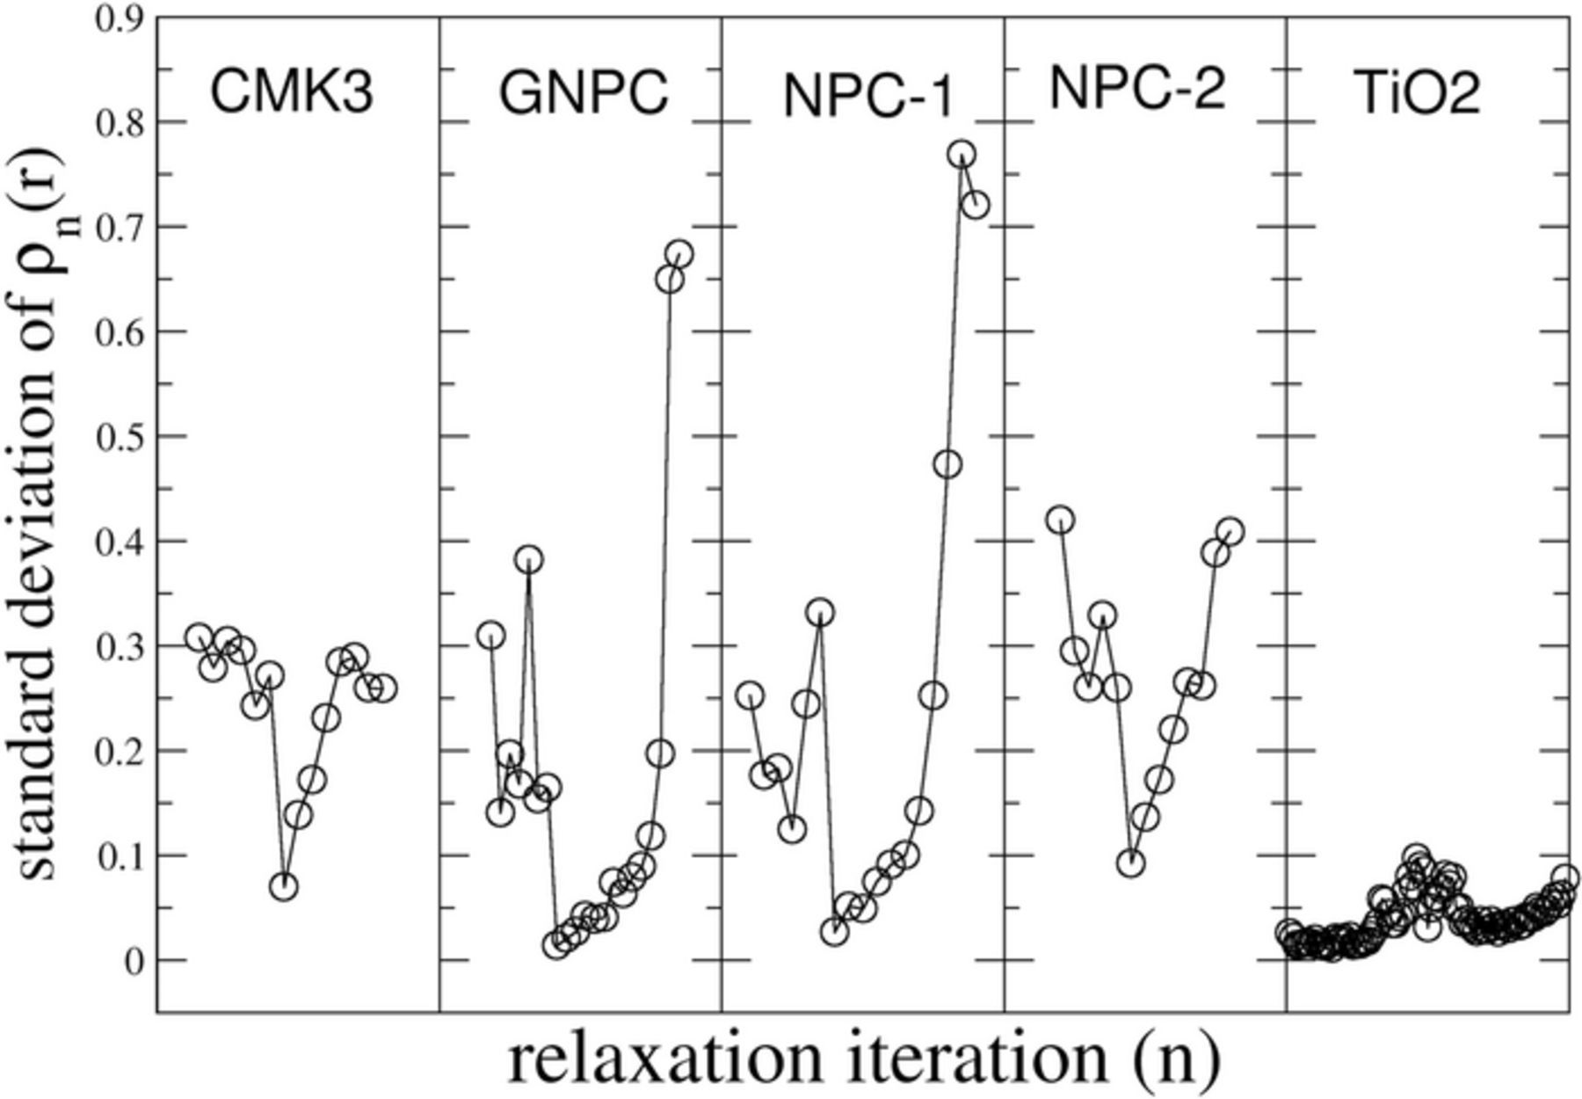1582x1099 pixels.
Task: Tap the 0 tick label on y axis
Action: [133, 961]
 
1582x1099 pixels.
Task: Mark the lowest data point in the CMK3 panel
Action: [283, 887]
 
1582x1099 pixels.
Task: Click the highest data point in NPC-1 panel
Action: [962, 154]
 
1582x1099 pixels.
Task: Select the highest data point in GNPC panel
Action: [679, 254]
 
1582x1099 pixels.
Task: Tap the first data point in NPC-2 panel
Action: [1061, 520]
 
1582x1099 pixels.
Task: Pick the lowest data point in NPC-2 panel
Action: [1131, 863]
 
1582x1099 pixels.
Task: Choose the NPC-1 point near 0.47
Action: [947, 464]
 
